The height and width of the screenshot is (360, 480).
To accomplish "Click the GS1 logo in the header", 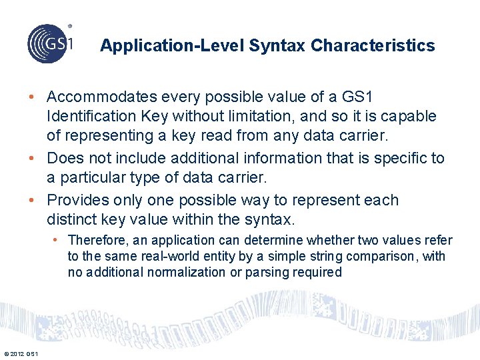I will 51,43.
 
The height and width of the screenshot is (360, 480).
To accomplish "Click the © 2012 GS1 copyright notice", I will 21,353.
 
